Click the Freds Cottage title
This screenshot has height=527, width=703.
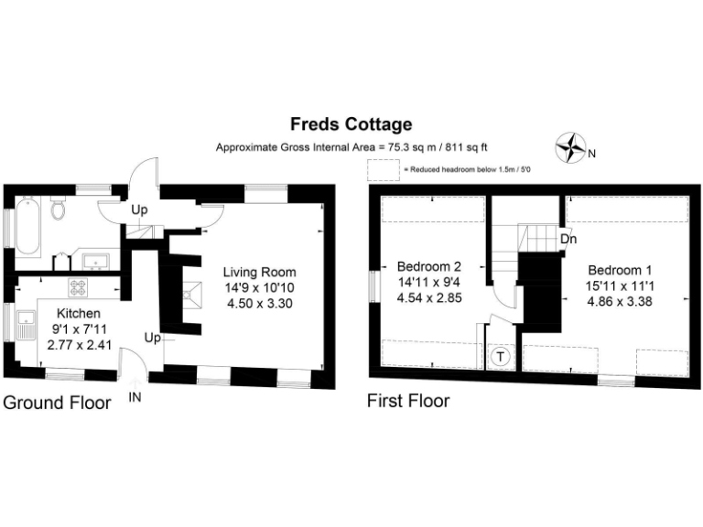[351, 124]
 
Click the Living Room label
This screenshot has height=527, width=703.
[260, 273]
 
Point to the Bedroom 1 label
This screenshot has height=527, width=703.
[620, 271]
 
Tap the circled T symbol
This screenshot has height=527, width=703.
[501, 357]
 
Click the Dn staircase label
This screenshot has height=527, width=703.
[568, 238]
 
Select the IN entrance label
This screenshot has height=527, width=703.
[134, 397]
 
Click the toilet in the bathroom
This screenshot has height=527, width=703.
[59, 210]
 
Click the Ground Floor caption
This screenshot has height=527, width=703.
[58, 403]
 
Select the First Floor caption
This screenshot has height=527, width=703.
[408, 401]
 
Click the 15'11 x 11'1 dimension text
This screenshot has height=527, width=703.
[620, 286]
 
